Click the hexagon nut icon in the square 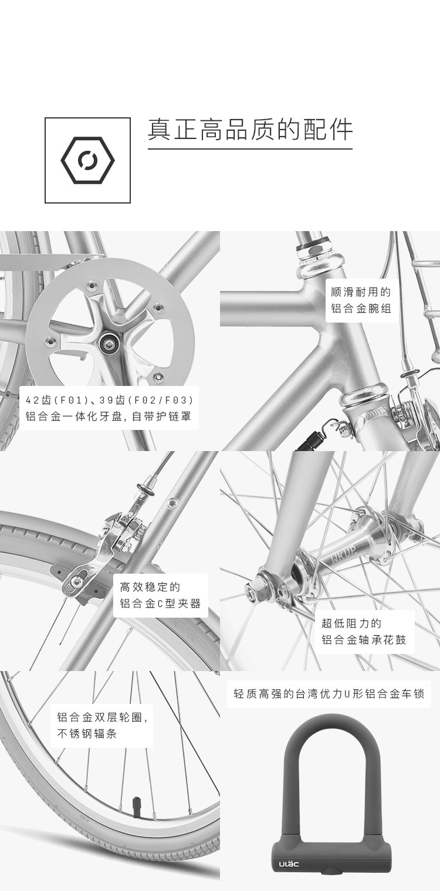click(x=88, y=160)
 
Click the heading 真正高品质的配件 click(x=250, y=130)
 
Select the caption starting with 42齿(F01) click(x=109, y=409)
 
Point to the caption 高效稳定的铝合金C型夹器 click(x=160, y=595)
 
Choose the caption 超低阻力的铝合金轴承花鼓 click(x=364, y=631)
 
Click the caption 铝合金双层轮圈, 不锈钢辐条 click(x=101, y=725)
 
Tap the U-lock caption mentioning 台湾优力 click(x=329, y=694)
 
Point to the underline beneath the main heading click(x=250, y=149)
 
